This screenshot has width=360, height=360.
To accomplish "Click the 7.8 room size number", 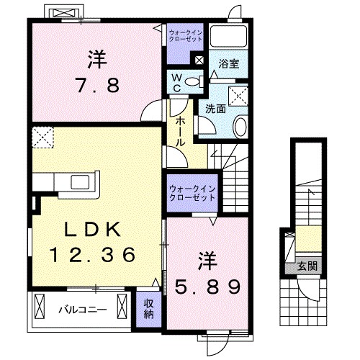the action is tap(97, 85).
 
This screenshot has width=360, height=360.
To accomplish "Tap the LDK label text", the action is tap(93, 230).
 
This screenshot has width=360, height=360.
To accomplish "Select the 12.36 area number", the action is tap(93, 254).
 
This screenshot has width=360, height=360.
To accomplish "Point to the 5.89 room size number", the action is tap(207, 287).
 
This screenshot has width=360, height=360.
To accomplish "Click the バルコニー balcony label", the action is tap(83, 310).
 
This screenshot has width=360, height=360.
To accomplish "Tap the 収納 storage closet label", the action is tap(149, 309).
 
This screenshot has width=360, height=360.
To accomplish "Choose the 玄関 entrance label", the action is tap(307, 266).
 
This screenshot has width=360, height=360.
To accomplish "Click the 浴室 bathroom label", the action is tap(228, 63).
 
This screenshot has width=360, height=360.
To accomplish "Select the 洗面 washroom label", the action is tap(215, 109).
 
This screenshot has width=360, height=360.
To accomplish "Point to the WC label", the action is tap(177, 83).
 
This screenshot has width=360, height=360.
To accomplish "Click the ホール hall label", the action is tap(180, 132).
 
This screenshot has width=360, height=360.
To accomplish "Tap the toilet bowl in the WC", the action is tap(194, 82).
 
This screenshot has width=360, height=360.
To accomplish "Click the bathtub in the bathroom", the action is tap(228, 36).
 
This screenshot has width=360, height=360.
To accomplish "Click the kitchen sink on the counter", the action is tap(80, 182).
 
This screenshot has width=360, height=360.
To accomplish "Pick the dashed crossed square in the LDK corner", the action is tap(42, 138).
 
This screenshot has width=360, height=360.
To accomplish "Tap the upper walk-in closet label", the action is tap(186, 35).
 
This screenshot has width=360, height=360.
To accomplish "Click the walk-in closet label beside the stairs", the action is tap(192, 194).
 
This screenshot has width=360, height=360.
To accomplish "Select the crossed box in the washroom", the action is tap(238, 96).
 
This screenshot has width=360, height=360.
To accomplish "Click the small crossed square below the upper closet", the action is tap(199, 60).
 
